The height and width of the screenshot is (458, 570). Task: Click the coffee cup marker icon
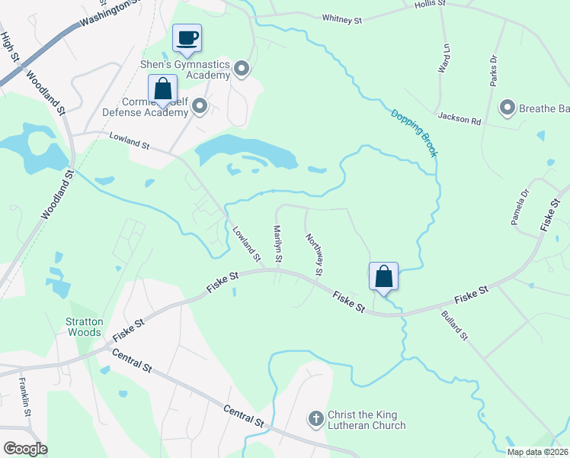tap(187, 37)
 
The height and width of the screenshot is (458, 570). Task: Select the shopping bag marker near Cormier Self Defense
tap(163, 89)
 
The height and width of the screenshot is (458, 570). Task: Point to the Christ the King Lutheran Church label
tap(367, 420)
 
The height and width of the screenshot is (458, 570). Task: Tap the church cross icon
tap(316, 418)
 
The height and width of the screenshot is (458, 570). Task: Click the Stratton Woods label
tap(84, 327)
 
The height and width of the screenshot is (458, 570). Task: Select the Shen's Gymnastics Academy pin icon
tap(242, 70)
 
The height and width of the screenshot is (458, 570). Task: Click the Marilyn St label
tap(278, 244)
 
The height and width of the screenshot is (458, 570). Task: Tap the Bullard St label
tap(454, 324)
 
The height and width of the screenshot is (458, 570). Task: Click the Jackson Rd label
tap(460, 118)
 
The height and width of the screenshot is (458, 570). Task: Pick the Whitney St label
tap(341, 17)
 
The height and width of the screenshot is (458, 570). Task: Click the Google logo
tap(25, 449)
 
